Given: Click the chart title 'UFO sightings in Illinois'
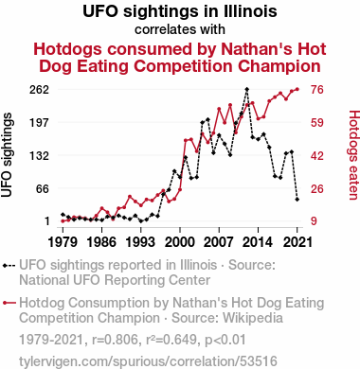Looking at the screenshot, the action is (x=180, y=11).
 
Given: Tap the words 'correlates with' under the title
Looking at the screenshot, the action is (x=180, y=29).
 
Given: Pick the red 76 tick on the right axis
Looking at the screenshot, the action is (x=317, y=90).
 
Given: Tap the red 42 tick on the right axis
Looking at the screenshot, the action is (x=317, y=155).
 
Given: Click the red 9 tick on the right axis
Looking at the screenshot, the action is (x=314, y=220).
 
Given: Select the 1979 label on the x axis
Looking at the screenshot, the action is (x=63, y=242).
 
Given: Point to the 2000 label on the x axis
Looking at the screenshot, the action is (x=180, y=242).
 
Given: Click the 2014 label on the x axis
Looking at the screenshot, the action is (x=258, y=242).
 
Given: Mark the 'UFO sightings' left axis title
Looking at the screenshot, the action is (x=7, y=155).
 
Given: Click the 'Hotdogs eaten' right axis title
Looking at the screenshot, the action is (x=353, y=155).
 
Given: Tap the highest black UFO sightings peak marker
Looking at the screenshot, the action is (x=246, y=89).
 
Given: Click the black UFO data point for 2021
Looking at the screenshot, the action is (x=297, y=200).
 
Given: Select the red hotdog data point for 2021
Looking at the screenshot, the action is (x=297, y=89).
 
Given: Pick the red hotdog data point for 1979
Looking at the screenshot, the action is (x=63, y=221).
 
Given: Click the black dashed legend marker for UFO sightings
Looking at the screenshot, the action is (x=9, y=266).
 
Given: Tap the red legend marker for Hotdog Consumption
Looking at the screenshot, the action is (x=9, y=303).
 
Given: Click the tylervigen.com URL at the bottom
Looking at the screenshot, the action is (x=148, y=361).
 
